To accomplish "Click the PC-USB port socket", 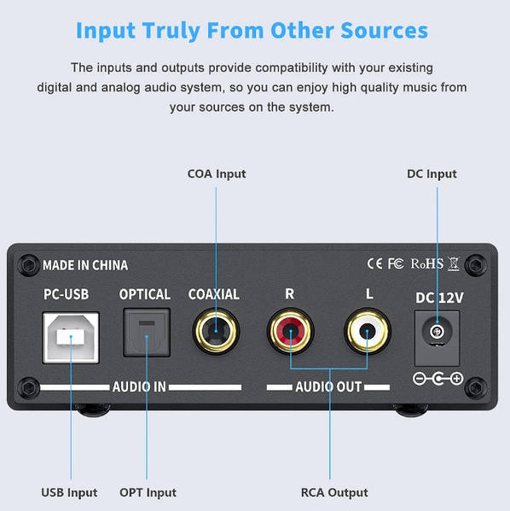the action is pyautogui.click(x=71, y=337).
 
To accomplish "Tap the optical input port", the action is pyautogui.click(x=147, y=333).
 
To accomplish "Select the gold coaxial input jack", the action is pyautogui.click(x=216, y=331).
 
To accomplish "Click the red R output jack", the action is pyautogui.click(x=290, y=331).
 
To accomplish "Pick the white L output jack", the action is pyautogui.click(x=368, y=331).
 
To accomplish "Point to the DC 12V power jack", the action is pyautogui.click(x=437, y=338).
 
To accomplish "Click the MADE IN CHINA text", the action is pyautogui.click(x=85, y=265).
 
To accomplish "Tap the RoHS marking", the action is pyautogui.click(x=427, y=264).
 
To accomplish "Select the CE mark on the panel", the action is pyautogui.click(x=374, y=264).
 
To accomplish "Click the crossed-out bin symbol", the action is pyautogui.click(x=454, y=264).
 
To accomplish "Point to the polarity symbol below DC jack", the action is pyautogui.click(x=438, y=379).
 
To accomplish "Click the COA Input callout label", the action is pyautogui.click(x=217, y=174).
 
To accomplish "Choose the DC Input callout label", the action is pyautogui.click(x=432, y=174).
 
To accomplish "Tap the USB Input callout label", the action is pyautogui.click(x=69, y=492).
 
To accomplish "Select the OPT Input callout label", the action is pyautogui.click(x=148, y=492).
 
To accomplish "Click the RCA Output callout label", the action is pyautogui.click(x=334, y=492).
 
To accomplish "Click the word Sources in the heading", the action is pyautogui.click(x=385, y=31).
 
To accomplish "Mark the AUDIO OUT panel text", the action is pyautogui.click(x=328, y=386).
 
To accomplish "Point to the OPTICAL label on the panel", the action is pyautogui.click(x=145, y=294).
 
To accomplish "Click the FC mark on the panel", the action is pyautogui.click(x=396, y=264).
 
